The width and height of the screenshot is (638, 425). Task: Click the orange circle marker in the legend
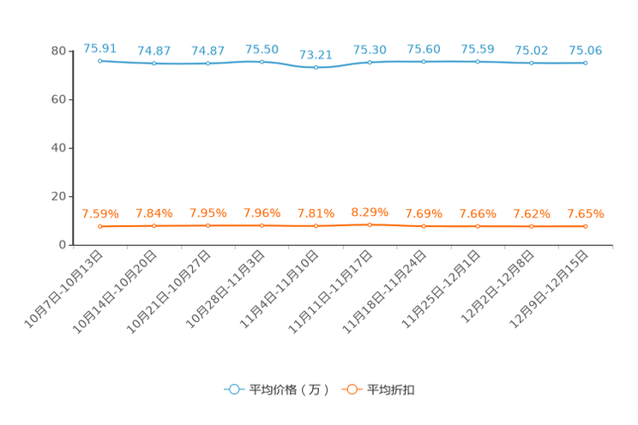click(352, 389)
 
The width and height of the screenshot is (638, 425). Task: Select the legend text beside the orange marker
click(391, 390)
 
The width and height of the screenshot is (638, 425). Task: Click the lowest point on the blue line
click(316, 68)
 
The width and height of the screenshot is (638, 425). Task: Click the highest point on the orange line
click(370, 225)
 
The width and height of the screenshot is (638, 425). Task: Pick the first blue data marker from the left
click(100, 61)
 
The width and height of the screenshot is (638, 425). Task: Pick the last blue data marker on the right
click(585, 63)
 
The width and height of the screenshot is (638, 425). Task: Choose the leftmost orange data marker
click(100, 227)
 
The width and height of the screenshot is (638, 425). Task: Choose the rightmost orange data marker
click(585, 227)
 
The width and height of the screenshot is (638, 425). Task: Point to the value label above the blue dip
click(316, 53)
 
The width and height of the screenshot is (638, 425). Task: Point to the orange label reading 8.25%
click(370, 211)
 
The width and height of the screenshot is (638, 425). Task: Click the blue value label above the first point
click(99, 47)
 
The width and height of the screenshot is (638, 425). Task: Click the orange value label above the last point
click(585, 213)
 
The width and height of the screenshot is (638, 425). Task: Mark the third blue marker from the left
click(208, 63)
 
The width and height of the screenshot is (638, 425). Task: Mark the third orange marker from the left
click(208, 226)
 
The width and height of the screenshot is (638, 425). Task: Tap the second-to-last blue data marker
click(532, 63)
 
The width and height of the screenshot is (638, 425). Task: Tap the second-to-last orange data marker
click(532, 227)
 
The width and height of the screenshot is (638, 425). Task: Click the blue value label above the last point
click(585, 50)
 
